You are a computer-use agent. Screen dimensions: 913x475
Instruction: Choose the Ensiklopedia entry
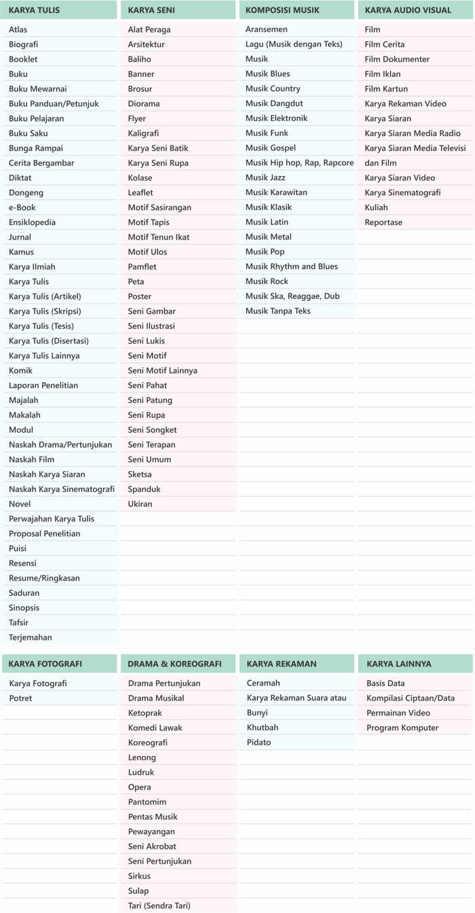pyautogui.click(x=32, y=222)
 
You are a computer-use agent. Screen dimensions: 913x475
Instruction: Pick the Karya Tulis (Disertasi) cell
pyautogui.click(x=48, y=341)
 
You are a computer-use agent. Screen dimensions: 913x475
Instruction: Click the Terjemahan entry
pyautogui.click(x=30, y=637)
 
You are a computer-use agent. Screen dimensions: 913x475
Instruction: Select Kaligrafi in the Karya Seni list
pyautogui.click(x=143, y=133)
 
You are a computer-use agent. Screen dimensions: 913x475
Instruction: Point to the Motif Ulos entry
pyautogui.click(x=147, y=252)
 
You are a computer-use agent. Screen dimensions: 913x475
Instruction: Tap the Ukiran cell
pyautogui.click(x=140, y=504)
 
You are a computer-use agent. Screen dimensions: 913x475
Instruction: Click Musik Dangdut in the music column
pyautogui.click(x=274, y=103)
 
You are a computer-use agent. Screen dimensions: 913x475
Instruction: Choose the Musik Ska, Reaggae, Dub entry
pyautogui.click(x=292, y=296)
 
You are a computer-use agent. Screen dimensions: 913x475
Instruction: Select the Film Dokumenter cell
pyautogui.click(x=397, y=59)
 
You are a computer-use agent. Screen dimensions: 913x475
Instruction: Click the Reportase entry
pyautogui.click(x=383, y=222)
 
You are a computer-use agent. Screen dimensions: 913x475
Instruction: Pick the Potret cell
pyautogui.click(x=20, y=698)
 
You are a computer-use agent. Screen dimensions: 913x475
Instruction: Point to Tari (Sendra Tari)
pyautogui.click(x=159, y=906)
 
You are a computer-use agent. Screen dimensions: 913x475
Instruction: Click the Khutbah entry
pyautogui.click(x=263, y=728)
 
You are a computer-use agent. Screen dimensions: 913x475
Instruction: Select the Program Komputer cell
pyautogui.click(x=402, y=728)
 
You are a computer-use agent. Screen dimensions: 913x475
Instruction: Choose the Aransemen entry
pyautogui.click(x=267, y=29)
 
